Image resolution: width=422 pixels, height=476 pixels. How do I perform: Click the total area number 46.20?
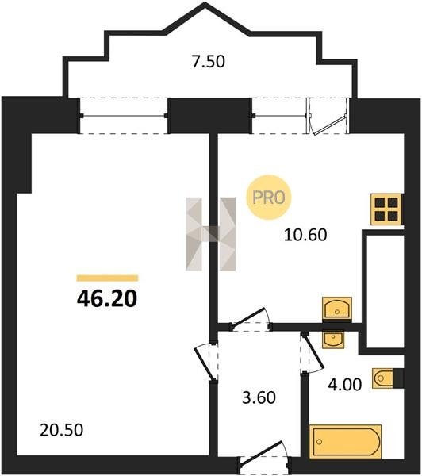[x=107, y=298]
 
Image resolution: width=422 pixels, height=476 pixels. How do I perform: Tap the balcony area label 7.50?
[x=209, y=61]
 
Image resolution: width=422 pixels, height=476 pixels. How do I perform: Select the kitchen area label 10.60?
[x=305, y=235]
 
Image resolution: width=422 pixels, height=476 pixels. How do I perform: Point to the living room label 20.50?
[x=62, y=430]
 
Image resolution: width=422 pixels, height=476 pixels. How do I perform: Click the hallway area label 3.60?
[x=259, y=397]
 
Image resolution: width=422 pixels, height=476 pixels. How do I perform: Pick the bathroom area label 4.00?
[x=345, y=385]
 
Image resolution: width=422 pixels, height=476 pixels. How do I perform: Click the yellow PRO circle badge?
[x=268, y=198]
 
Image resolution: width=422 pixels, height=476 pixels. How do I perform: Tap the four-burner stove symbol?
[x=387, y=209]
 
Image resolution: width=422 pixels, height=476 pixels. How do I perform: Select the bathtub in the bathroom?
[x=346, y=441]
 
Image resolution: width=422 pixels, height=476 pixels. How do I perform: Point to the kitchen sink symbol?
[x=337, y=308]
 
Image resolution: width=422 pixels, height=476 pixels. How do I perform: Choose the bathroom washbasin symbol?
[x=333, y=339]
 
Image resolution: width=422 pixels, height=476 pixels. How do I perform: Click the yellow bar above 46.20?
[x=107, y=278]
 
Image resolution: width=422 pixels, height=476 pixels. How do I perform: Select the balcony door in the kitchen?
[x=328, y=116]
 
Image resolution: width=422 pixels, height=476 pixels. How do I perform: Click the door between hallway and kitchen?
[x=251, y=321]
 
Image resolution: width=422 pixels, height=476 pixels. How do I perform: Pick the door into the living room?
[x=206, y=363]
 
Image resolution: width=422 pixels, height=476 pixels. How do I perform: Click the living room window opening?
[x=124, y=116]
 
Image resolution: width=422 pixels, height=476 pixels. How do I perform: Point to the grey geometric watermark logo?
[x=211, y=234]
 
